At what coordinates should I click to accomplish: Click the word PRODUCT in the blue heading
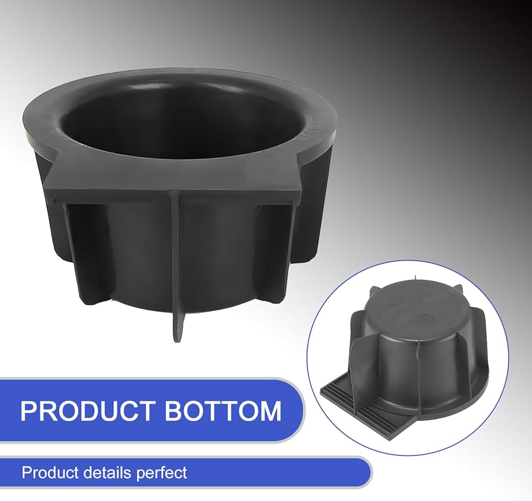point(88,411)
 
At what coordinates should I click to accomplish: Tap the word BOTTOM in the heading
point(223,411)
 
